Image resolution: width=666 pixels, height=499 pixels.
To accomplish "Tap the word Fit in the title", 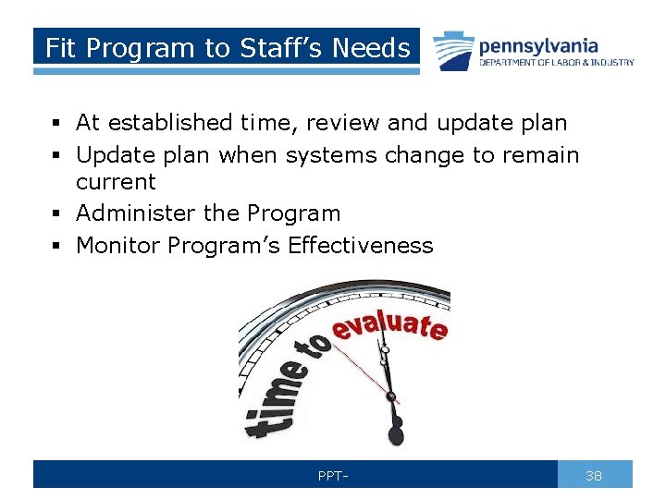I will click(59, 48).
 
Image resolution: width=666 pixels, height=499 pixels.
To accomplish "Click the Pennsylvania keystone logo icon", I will click(453, 50).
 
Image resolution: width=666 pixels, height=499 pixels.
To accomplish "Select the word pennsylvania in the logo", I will click(537, 45).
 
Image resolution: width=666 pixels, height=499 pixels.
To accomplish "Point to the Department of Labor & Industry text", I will click(556, 63).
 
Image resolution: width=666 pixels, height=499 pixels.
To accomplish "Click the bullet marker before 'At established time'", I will click(57, 123).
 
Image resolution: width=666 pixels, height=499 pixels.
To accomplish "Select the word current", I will click(116, 182).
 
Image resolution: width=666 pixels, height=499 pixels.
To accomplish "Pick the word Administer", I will click(136, 213).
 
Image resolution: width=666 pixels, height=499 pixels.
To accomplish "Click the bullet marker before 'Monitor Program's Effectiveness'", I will click(57, 246).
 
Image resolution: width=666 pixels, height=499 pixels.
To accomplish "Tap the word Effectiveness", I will click(360, 245).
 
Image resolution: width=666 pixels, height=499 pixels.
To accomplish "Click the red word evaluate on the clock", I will click(389, 324).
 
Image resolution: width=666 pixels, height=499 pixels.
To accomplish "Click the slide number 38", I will click(594, 476).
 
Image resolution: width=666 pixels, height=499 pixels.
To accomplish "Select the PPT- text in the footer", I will click(333, 476).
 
